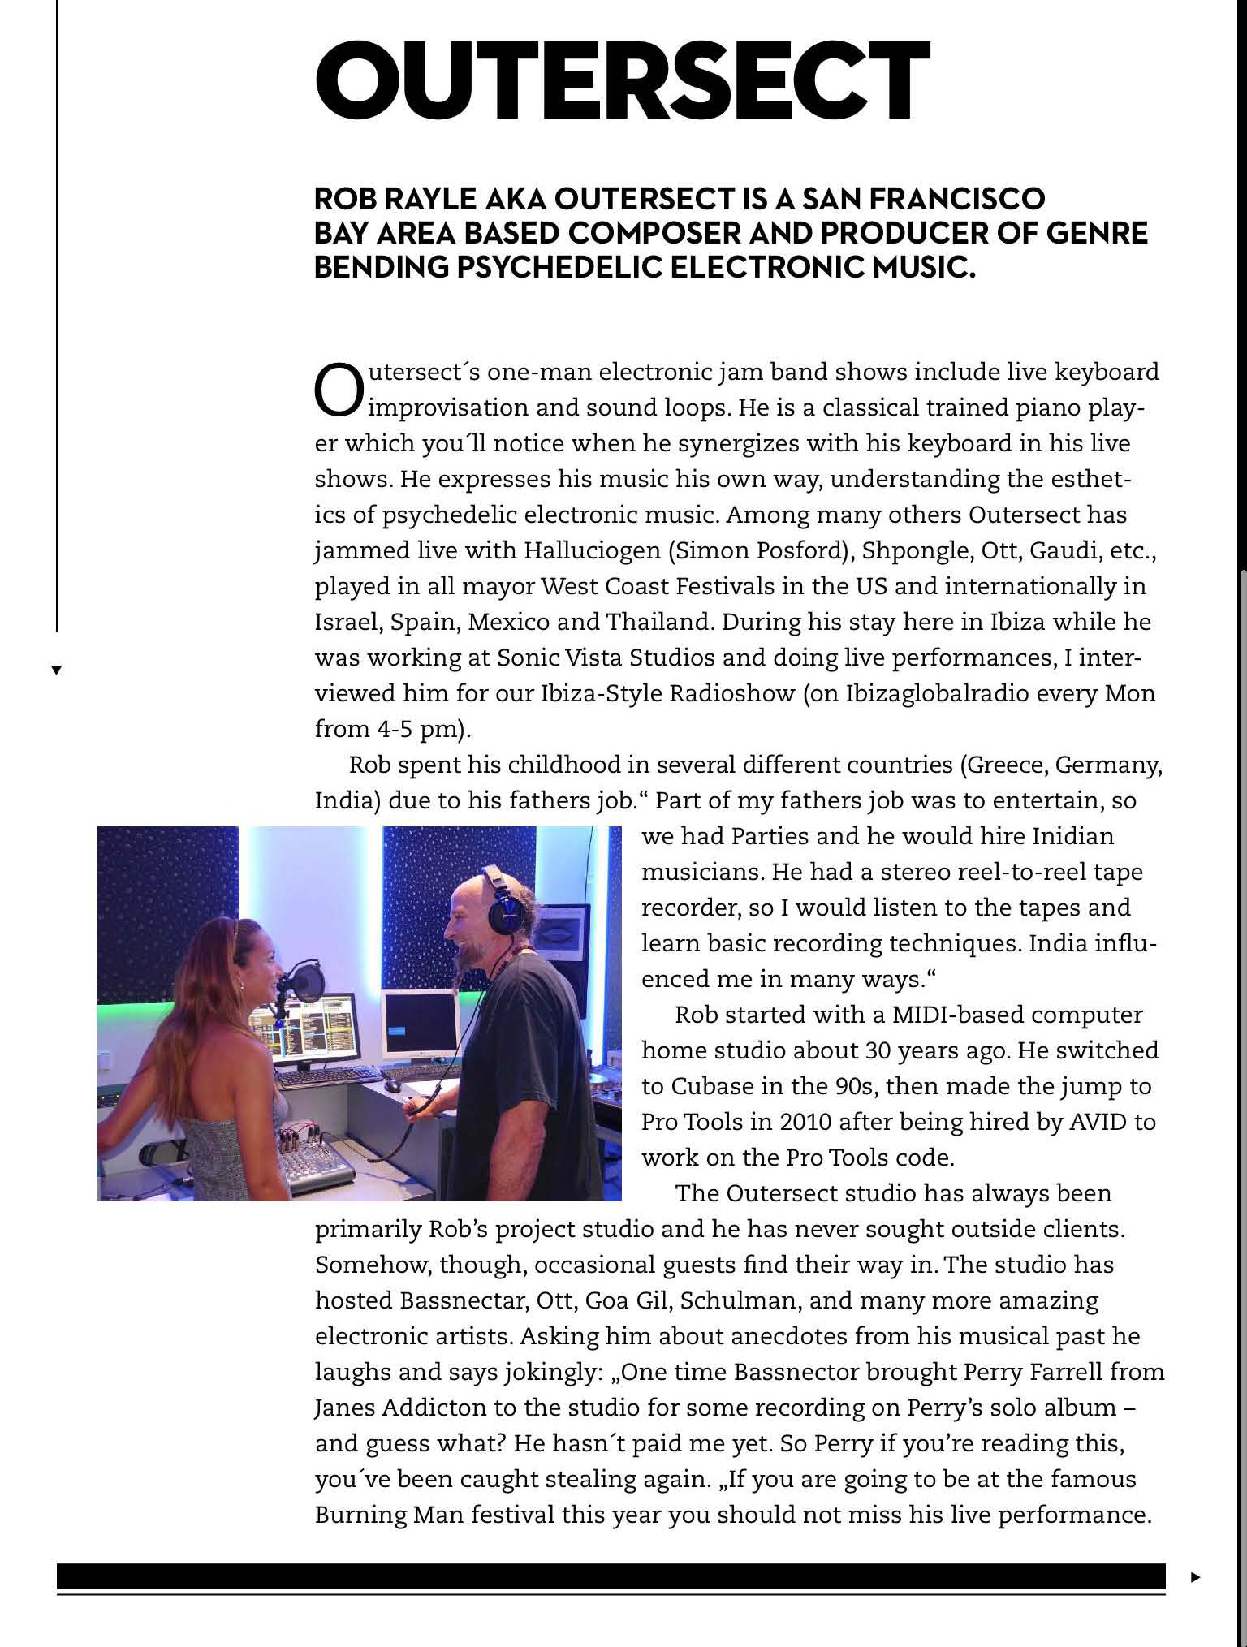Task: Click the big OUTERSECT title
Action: (x=621, y=80)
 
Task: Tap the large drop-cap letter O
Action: (x=338, y=390)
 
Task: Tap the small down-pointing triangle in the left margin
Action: (x=56, y=670)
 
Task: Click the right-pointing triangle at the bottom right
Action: (x=1194, y=1577)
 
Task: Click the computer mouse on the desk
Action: (x=394, y=1085)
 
